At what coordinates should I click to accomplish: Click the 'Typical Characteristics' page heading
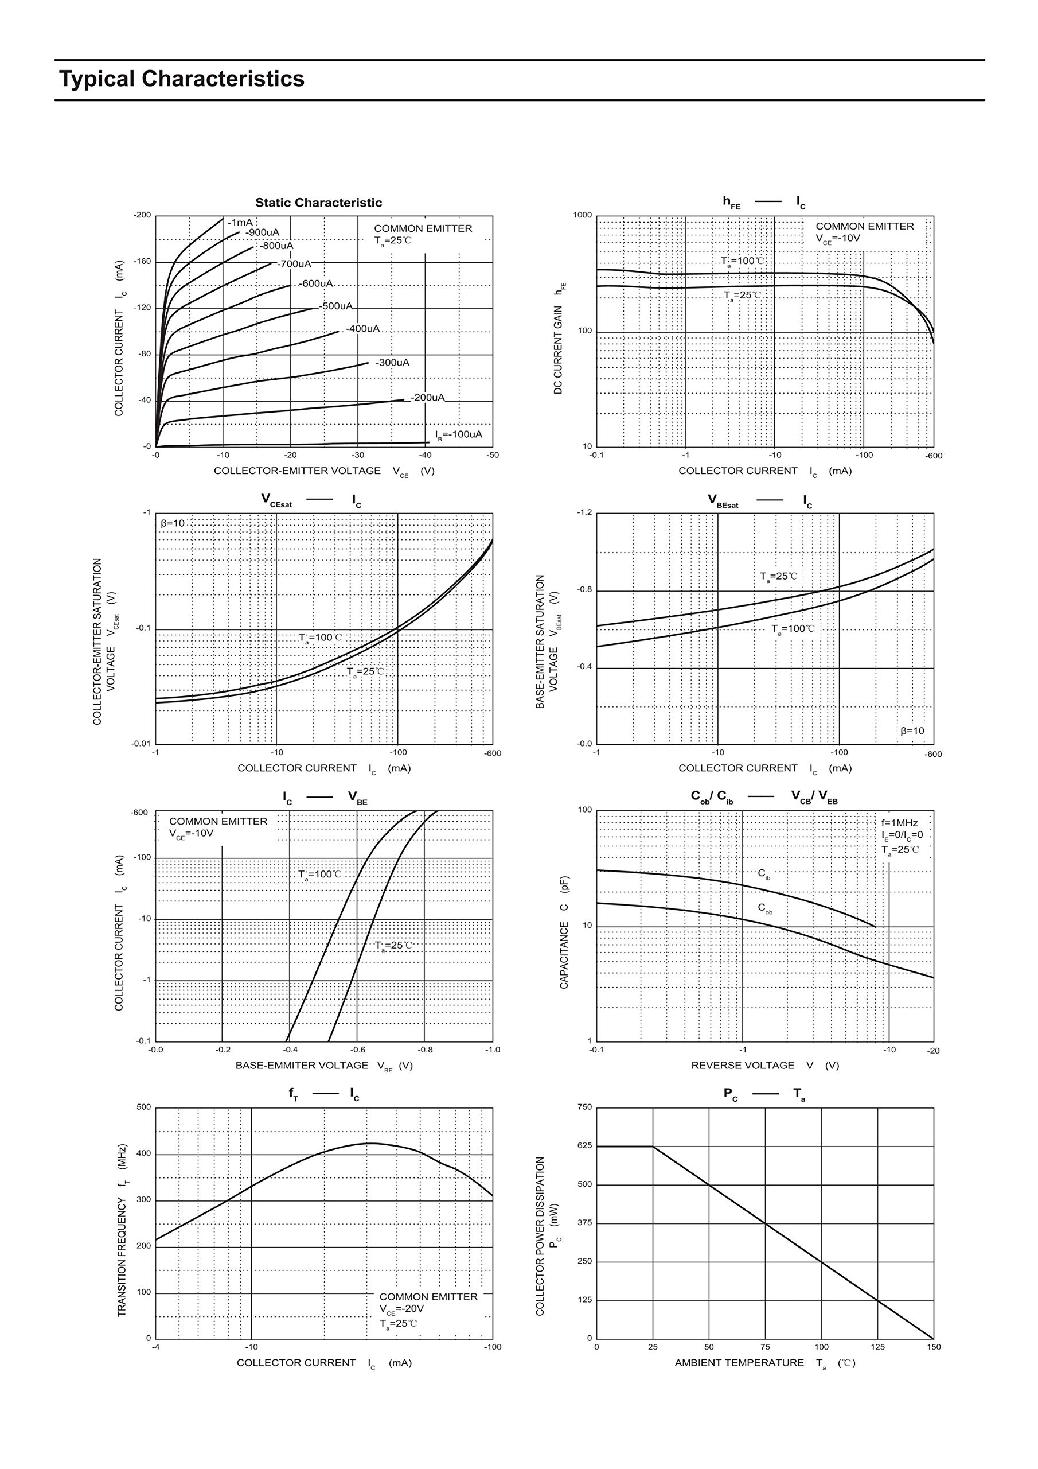pos(182,79)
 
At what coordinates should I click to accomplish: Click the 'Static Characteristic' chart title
pos(318,203)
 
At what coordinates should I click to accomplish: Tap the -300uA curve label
pos(392,363)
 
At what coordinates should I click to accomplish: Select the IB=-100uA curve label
pos(459,435)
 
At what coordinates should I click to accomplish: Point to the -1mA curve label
pos(240,223)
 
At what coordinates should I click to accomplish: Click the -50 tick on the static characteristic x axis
pos(493,455)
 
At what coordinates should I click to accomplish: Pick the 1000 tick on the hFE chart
pos(582,215)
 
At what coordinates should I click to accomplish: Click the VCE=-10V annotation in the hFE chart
pos(838,239)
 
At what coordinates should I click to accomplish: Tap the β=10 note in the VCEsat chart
pos(173,523)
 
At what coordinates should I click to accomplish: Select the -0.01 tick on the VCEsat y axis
pos(141,744)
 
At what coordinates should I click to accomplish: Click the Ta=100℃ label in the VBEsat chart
pos(793,629)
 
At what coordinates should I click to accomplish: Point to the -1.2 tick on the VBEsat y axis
pos(584,512)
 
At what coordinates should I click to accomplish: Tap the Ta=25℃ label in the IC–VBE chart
pos(393,946)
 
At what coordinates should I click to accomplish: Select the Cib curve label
pos(764,874)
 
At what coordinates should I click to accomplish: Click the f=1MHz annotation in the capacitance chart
pos(899,823)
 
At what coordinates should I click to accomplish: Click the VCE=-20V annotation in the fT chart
pos(401,1309)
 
